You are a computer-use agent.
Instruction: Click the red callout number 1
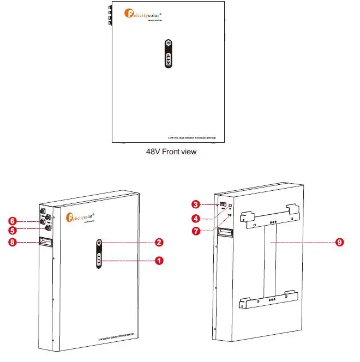tap(159, 261)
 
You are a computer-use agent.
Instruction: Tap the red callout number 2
tap(159, 242)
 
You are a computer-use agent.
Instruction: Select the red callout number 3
tap(195, 204)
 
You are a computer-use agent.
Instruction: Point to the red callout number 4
tap(195, 219)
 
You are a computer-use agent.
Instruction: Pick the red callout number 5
tap(11, 231)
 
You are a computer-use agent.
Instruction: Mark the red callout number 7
tap(195, 231)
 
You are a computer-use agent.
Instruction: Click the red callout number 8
tap(11, 242)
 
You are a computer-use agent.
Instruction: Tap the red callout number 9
tap(340, 242)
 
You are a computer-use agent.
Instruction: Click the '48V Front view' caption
tap(171, 152)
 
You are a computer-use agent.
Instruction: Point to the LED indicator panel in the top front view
tap(169, 59)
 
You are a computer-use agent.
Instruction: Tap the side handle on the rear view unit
tap(225, 232)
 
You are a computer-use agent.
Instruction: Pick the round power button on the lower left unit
tap(99, 243)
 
